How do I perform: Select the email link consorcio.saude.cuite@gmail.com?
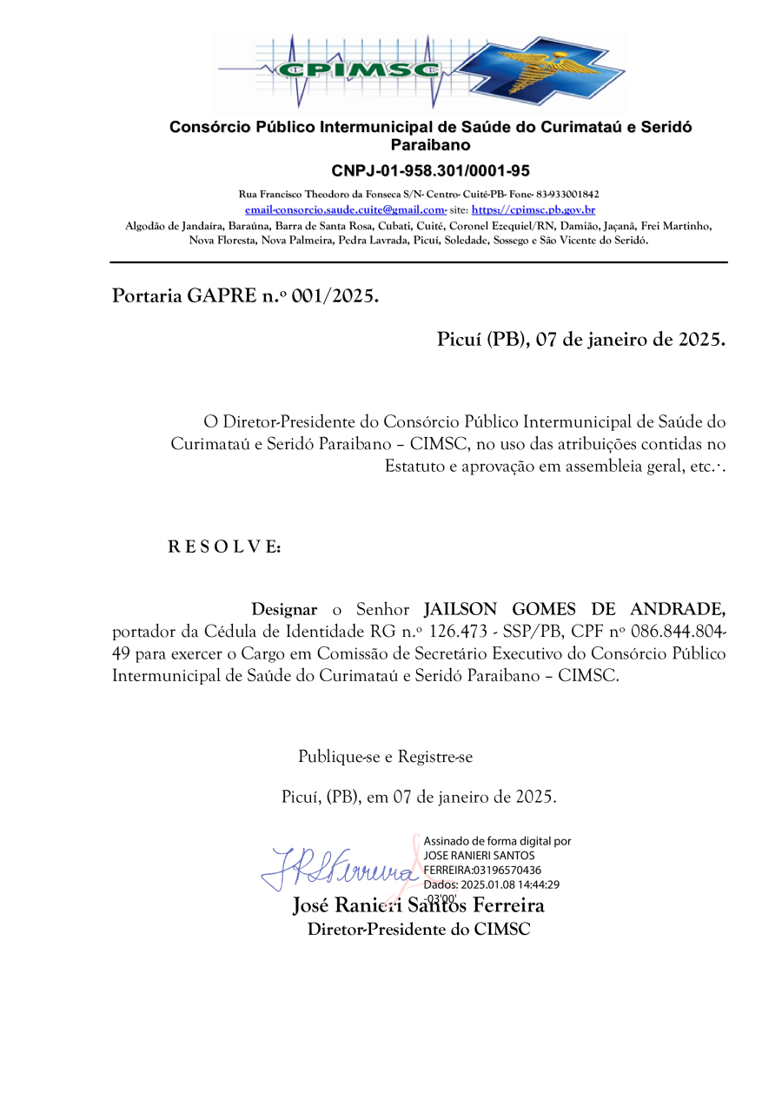[x=345, y=210]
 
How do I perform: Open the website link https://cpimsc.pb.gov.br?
[x=533, y=210]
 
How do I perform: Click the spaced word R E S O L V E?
[x=223, y=547]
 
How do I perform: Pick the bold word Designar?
[x=284, y=610]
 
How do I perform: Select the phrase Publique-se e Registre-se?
[x=385, y=757]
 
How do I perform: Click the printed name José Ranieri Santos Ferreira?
[x=419, y=906]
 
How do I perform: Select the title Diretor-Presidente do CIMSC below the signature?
[x=419, y=930]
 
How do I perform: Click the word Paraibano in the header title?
[x=430, y=145]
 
